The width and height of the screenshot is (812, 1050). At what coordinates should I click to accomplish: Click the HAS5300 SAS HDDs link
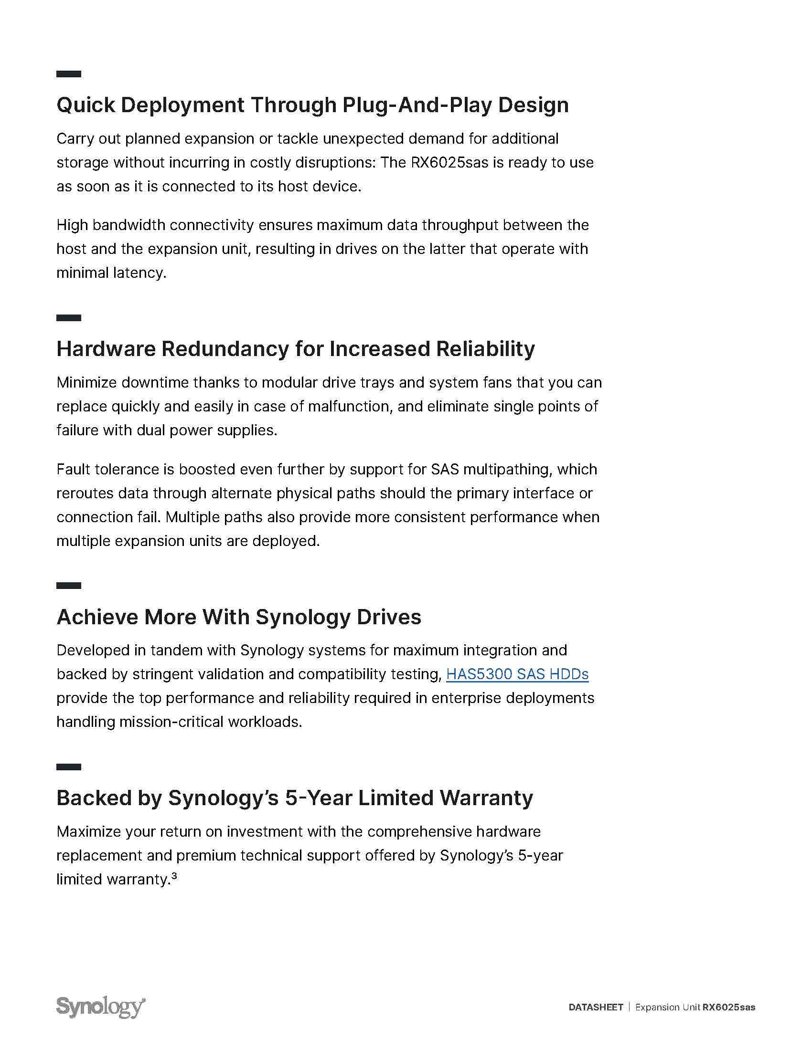click(x=517, y=674)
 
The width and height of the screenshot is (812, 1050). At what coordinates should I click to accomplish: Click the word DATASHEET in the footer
click(x=596, y=1007)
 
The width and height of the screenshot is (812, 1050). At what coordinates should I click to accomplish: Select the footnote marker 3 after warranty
click(x=174, y=876)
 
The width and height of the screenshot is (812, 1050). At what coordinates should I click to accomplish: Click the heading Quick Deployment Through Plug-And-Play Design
click(x=312, y=105)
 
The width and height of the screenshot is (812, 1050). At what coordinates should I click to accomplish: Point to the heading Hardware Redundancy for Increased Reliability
click(x=295, y=349)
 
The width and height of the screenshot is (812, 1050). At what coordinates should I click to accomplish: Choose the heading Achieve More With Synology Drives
click(x=239, y=617)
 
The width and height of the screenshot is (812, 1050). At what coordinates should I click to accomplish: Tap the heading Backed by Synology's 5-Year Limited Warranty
click(x=294, y=798)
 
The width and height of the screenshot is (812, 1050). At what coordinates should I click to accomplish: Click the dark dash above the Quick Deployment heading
click(x=68, y=74)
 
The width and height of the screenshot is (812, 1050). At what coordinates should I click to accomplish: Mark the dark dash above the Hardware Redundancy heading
click(x=68, y=318)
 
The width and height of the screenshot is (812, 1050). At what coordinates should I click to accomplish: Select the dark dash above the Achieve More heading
click(x=68, y=586)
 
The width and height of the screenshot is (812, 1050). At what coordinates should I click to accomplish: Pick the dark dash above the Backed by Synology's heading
click(x=68, y=767)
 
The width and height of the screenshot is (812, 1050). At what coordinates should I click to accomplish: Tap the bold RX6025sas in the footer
click(x=729, y=1007)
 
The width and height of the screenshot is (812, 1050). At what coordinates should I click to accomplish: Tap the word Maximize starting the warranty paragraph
click(x=88, y=832)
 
